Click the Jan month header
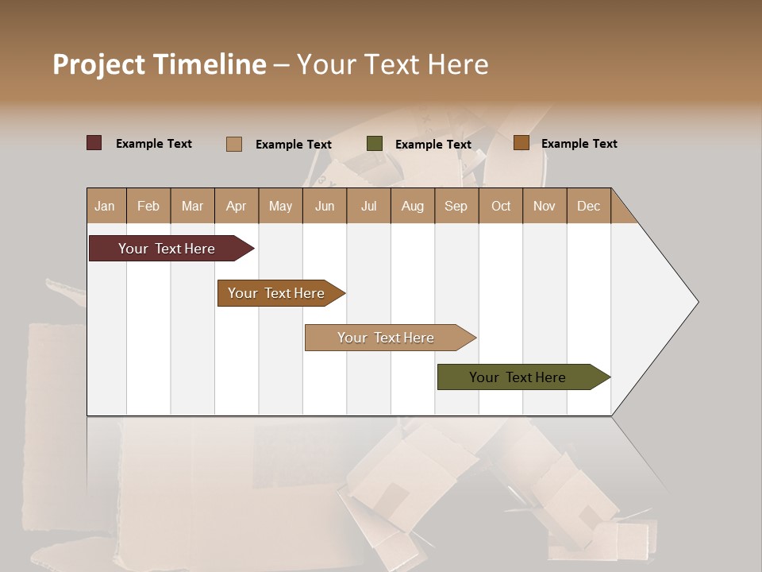pyautogui.click(x=105, y=206)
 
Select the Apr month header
pyautogui.click(x=236, y=206)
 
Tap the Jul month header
pyautogui.click(x=368, y=206)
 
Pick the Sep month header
pyautogui.click(x=456, y=206)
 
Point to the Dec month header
pyautogui.click(x=588, y=206)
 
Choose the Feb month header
pyautogui.click(x=148, y=206)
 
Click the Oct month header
pyautogui.click(x=501, y=206)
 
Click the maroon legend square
pyautogui.click(x=94, y=143)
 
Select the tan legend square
pyautogui.click(x=233, y=144)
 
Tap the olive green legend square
pyautogui.click(x=375, y=144)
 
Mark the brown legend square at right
pyautogui.click(x=521, y=143)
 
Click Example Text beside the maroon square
pyautogui.click(x=154, y=144)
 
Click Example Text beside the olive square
pyautogui.click(x=433, y=145)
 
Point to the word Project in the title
pyautogui.click(x=98, y=64)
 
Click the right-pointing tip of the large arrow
pyautogui.click(x=695, y=302)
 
